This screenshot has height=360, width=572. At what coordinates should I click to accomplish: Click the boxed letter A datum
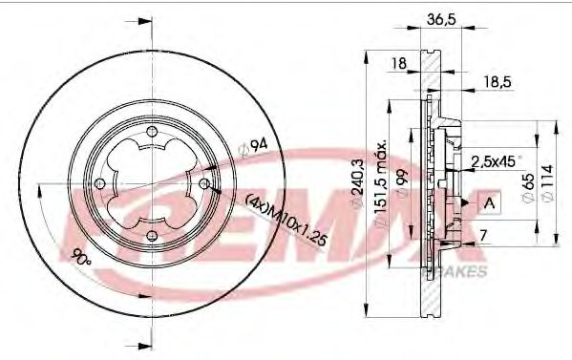tap(489, 202)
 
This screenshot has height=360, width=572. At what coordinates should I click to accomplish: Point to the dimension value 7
tap(484, 235)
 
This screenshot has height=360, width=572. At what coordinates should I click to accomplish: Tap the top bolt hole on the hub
tap(151, 133)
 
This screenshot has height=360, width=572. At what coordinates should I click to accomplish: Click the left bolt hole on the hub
tap(99, 184)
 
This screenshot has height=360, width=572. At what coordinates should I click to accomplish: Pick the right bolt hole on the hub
tap(203, 184)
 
